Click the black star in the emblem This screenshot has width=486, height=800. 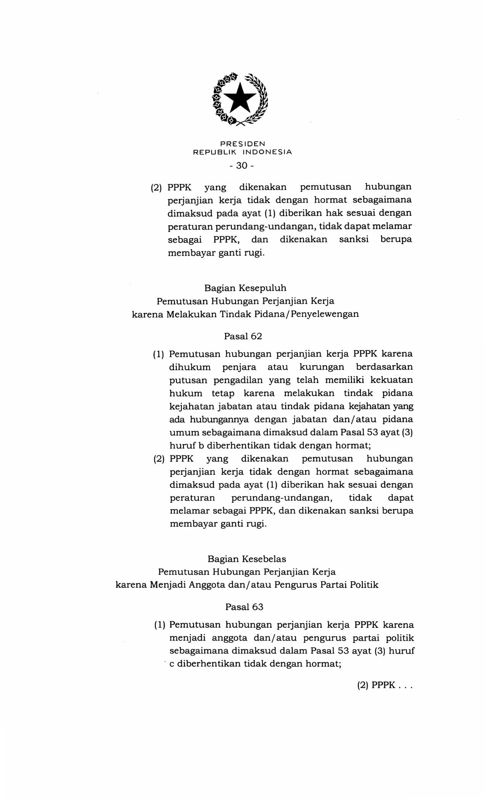coord(240,98)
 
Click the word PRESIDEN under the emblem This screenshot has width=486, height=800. coord(242,144)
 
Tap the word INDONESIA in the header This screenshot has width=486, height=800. coord(267,152)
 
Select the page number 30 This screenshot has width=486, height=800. coord(242,166)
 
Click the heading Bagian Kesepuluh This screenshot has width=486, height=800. coord(245,288)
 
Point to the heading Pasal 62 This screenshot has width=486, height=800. coord(243,336)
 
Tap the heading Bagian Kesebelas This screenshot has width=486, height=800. coord(247,559)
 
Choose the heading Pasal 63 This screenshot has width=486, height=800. coord(244,607)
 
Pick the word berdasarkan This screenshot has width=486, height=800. coord(384,367)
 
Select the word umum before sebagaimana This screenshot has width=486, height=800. coord(184,433)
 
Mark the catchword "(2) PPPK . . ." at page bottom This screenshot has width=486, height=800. coord(385,685)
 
